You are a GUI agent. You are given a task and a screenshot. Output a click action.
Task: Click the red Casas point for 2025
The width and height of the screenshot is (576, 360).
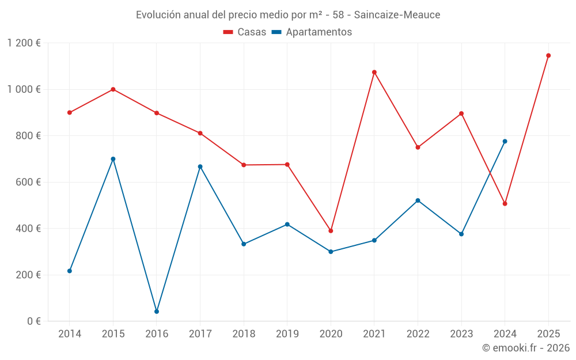(x=548, y=56)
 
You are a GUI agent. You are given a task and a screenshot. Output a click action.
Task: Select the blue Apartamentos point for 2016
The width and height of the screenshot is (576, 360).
(x=157, y=312)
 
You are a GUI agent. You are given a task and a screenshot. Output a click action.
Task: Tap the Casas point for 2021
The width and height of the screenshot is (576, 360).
(x=374, y=73)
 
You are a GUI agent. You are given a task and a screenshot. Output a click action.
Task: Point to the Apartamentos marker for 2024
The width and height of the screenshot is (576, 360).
(x=505, y=142)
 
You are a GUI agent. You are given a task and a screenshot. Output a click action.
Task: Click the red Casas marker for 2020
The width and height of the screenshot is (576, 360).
(x=331, y=231)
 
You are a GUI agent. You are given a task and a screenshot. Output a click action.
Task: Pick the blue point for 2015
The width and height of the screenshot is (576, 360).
(x=113, y=159)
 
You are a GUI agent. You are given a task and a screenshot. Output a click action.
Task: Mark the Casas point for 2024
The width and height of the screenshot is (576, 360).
(x=505, y=204)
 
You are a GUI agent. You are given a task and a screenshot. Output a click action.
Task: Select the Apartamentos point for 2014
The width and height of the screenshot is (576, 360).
(x=70, y=271)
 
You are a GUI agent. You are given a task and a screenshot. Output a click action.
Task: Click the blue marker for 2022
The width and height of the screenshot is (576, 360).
(x=418, y=200)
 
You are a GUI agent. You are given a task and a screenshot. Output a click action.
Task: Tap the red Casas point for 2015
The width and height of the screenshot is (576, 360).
(x=113, y=89)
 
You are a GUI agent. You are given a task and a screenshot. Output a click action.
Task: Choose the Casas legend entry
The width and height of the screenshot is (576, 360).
(x=245, y=32)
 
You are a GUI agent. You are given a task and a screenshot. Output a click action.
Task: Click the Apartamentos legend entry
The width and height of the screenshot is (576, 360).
(x=312, y=32)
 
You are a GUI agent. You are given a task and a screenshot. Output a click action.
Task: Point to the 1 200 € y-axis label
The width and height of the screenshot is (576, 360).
(x=24, y=43)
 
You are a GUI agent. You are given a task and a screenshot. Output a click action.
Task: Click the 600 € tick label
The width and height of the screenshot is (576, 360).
(x=29, y=182)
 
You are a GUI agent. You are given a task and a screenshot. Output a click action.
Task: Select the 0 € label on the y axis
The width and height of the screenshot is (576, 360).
(x=34, y=321)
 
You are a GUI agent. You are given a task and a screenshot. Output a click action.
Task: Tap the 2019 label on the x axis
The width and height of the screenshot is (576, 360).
(x=287, y=334)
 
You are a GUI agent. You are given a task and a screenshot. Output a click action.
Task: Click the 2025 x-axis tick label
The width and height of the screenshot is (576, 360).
(x=548, y=334)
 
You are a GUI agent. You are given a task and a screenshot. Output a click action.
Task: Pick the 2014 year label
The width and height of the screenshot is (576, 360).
(x=70, y=334)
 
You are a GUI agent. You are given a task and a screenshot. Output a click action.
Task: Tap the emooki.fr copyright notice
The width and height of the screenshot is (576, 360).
(x=525, y=348)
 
